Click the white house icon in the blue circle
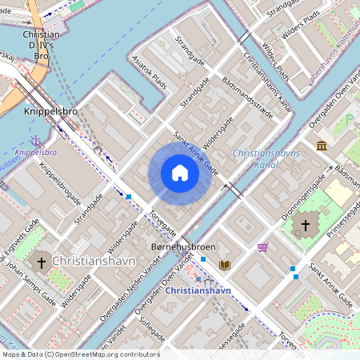point(180,173)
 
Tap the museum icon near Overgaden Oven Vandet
point(321,145)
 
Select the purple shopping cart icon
point(262,247)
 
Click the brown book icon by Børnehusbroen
point(225,264)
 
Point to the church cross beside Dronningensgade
point(305,226)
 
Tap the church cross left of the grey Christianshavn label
point(41,262)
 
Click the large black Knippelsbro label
point(50,112)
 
